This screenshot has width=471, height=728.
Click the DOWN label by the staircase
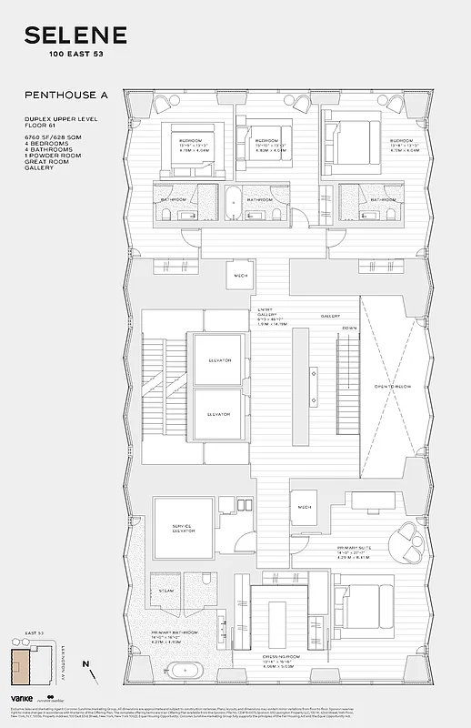tap(349, 329)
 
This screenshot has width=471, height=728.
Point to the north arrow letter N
tap(85, 664)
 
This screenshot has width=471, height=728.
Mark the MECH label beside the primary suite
tap(304, 507)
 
